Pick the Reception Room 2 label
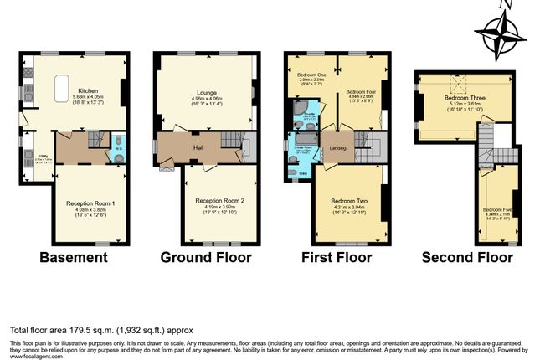tap(219, 201)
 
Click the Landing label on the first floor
tap(337, 149)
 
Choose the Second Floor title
tap(467, 256)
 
